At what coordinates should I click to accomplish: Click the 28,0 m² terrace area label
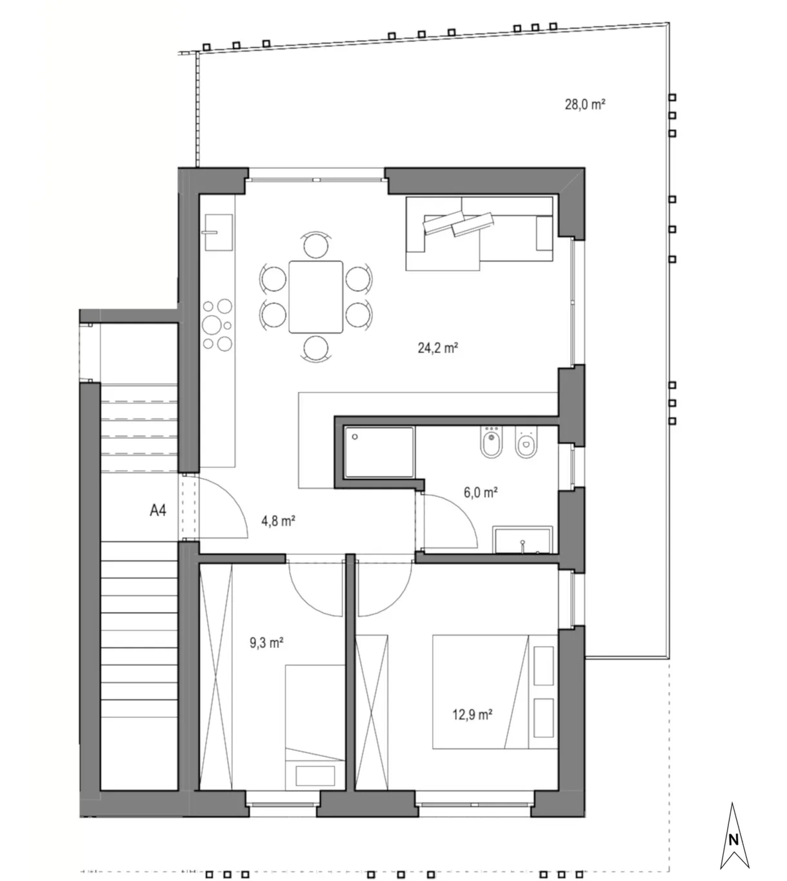tap(585, 105)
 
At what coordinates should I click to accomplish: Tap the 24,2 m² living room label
tap(438, 348)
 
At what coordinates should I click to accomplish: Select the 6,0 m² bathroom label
tap(481, 492)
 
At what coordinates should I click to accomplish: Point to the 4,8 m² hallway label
tap(278, 520)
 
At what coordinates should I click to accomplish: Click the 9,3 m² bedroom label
tap(266, 642)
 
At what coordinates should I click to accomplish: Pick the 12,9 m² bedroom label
tap(472, 714)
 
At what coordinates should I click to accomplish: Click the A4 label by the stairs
tap(158, 510)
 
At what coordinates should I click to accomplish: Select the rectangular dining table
tap(316, 297)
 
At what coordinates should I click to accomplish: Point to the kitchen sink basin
tap(219, 232)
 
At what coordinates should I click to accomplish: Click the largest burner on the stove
tap(212, 325)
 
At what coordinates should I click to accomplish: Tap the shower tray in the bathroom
tap(379, 452)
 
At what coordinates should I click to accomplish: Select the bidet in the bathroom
tap(491, 441)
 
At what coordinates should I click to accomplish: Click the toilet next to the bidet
tap(526, 442)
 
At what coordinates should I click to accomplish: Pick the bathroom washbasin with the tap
tap(523, 540)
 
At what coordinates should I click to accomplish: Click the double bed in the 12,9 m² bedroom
tap(495, 692)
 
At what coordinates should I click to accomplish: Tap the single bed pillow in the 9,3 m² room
tap(315, 776)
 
